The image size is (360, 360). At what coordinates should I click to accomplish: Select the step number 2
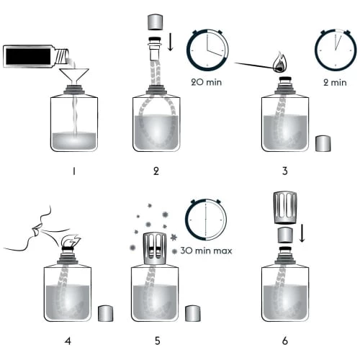click(x=156, y=171)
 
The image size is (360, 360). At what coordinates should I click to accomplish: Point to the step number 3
click(x=285, y=171)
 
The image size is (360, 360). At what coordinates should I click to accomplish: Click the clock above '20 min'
click(x=208, y=50)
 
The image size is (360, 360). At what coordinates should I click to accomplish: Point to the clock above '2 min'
click(x=336, y=50)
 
